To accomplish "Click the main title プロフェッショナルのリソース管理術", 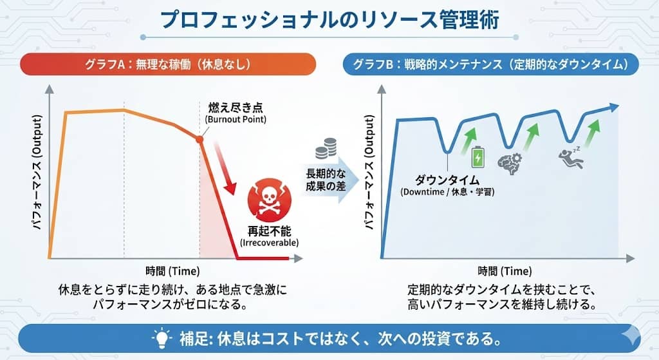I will tap(329, 19).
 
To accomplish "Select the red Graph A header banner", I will tap(168, 64).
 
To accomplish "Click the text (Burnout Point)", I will tap(236, 120).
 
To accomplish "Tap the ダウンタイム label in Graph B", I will tap(441, 180).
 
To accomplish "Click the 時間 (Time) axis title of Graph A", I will tap(172, 269).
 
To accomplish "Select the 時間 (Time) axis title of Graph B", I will tap(505, 270).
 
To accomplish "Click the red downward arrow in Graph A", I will tap(223, 171).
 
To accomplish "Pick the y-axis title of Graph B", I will tap(369, 174).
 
